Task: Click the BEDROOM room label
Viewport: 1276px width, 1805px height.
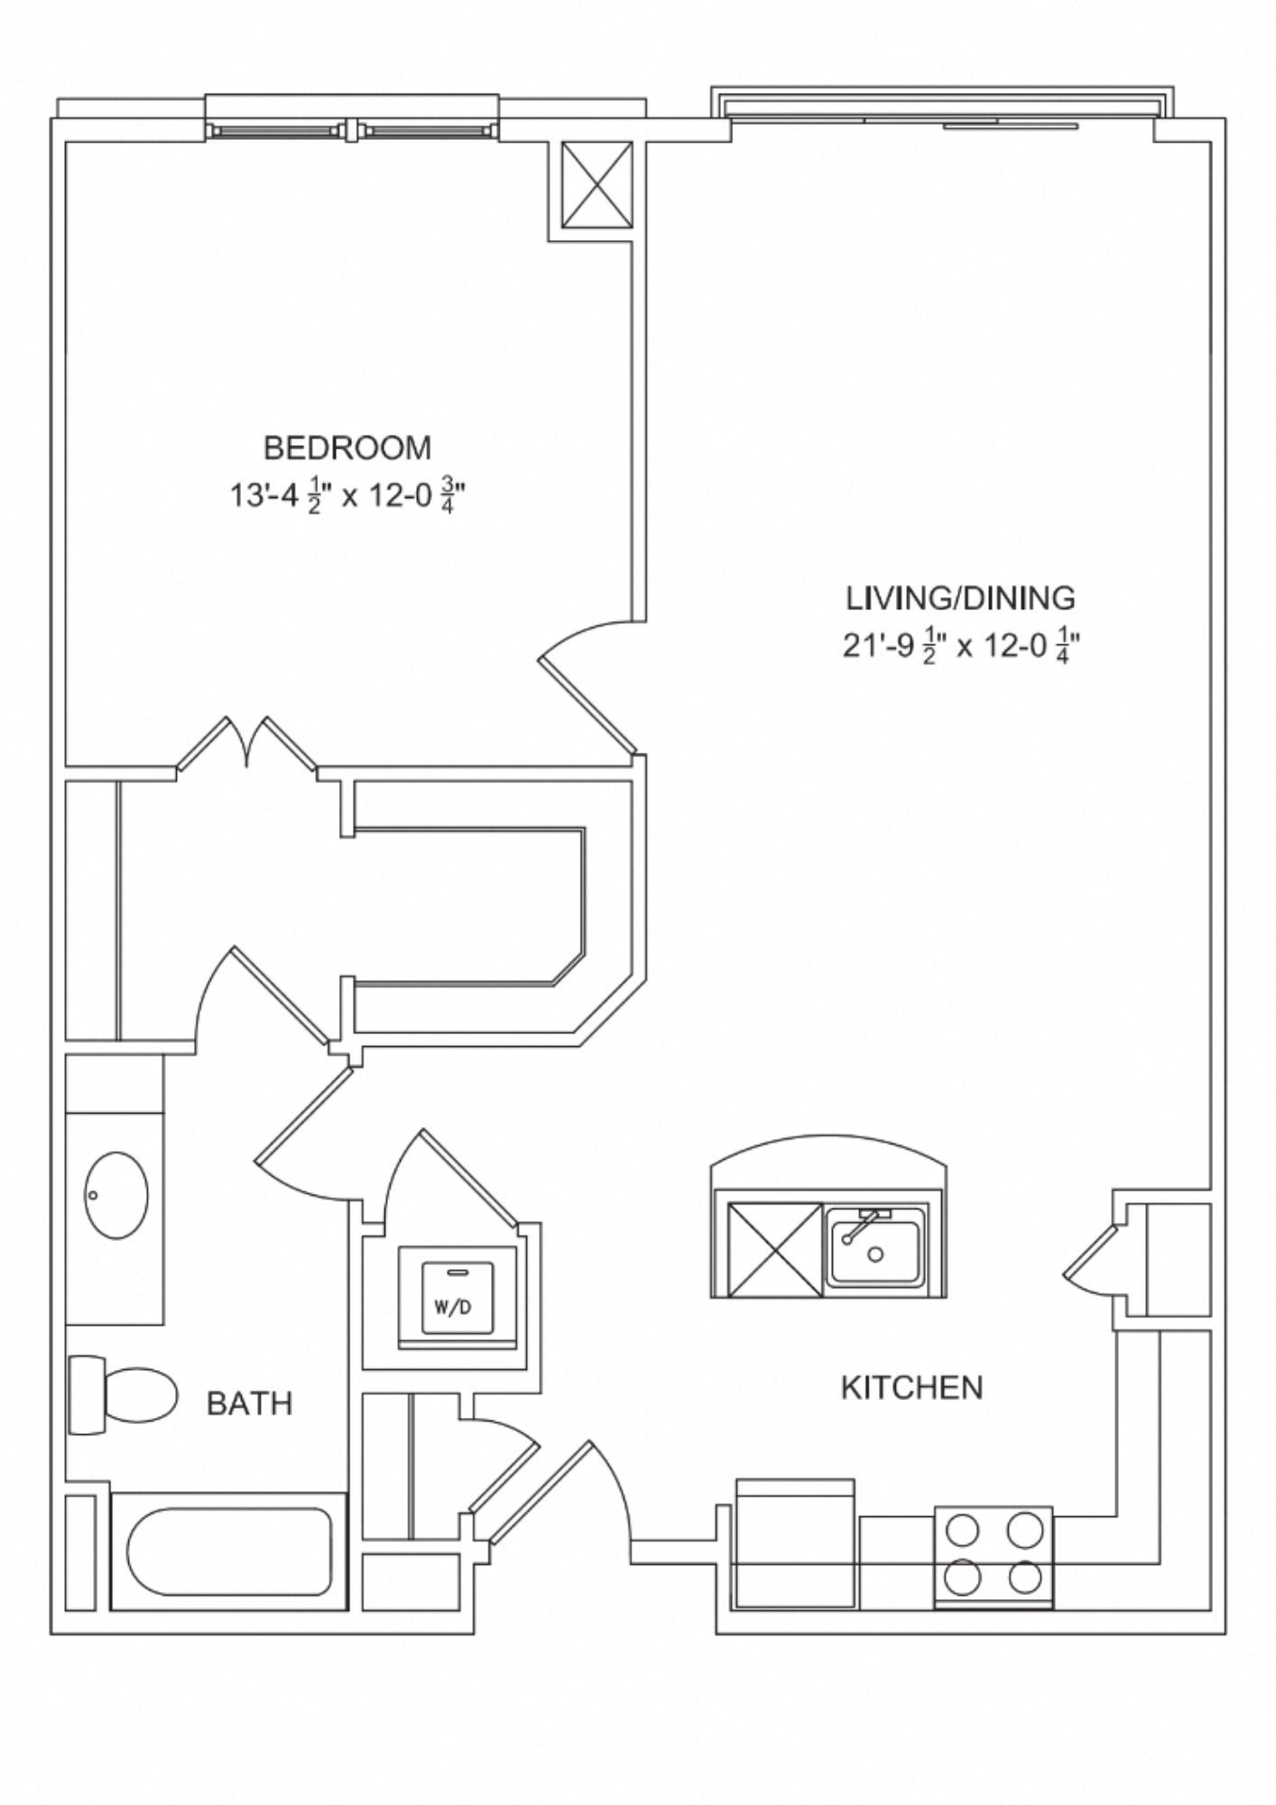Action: [x=347, y=447]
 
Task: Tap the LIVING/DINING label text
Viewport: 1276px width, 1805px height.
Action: [x=960, y=597]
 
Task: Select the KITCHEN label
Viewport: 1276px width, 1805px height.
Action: [x=911, y=1387]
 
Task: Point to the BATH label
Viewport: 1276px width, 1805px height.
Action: [x=249, y=1403]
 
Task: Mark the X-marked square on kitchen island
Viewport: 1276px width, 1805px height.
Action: [x=768, y=1250]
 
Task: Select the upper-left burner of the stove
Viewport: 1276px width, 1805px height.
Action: [x=963, y=1530]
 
